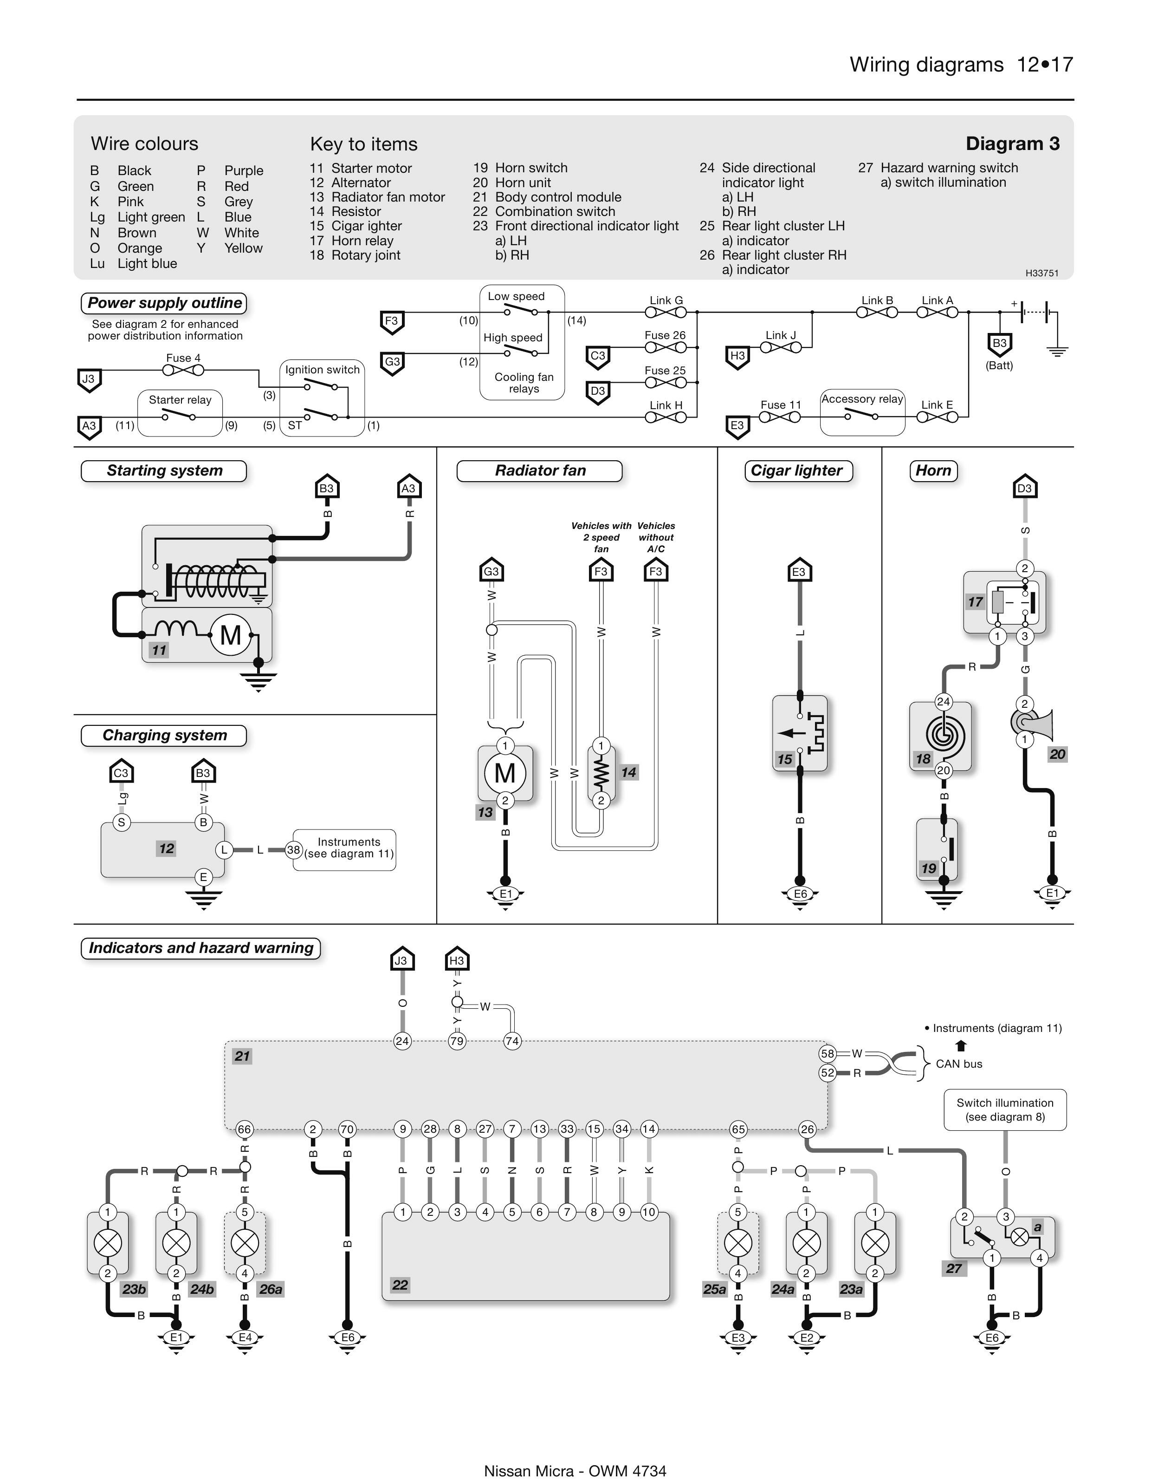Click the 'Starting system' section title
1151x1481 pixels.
coord(164,470)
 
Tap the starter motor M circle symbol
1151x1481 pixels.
coord(231,635)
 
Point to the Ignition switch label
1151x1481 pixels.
coord(322,370)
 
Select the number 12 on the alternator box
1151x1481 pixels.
coord(166,848)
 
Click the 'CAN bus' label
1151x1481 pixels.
coord(958,1064)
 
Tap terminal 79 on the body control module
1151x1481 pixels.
coord(457,1041)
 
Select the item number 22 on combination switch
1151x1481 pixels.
coord(400,1285)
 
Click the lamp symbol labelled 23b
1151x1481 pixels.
coord(108,1243)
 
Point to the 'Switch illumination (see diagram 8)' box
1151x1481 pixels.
coord(1005,1109)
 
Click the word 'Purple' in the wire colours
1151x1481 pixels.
coord(243,171)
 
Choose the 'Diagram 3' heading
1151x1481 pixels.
coord(1012,144)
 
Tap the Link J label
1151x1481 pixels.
coord(780,335)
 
